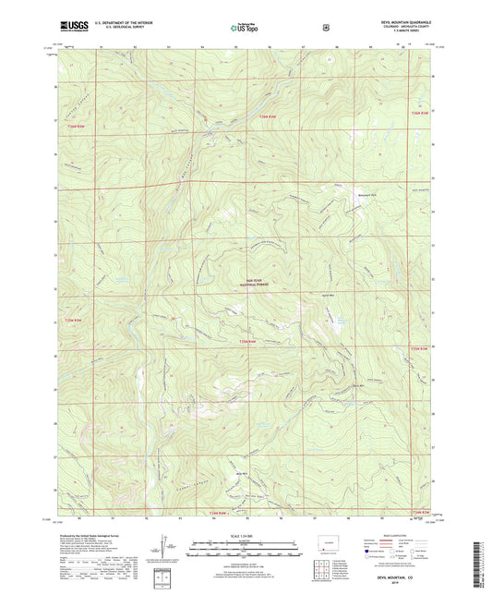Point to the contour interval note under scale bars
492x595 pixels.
(x=246, y=561)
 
